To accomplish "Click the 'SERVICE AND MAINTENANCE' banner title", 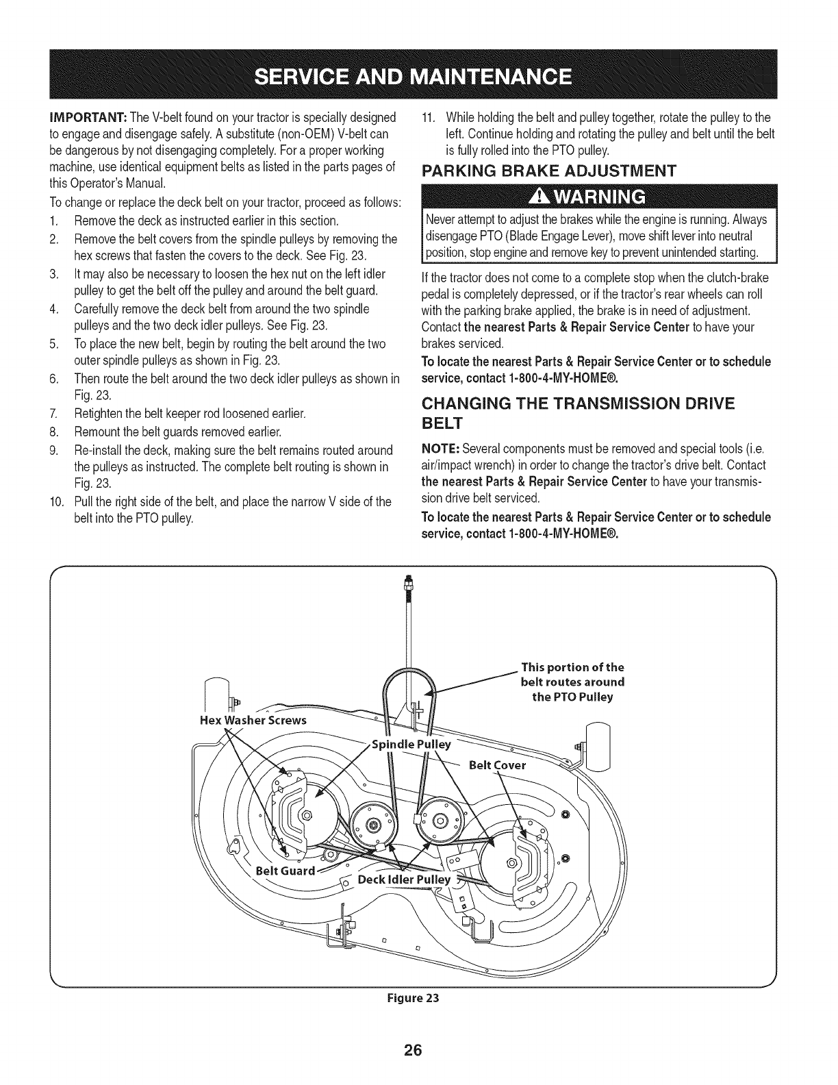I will (x=418, y=75).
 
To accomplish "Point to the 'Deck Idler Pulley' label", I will (x=405, y=880).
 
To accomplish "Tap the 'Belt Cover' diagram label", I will (x=497, y=764).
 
